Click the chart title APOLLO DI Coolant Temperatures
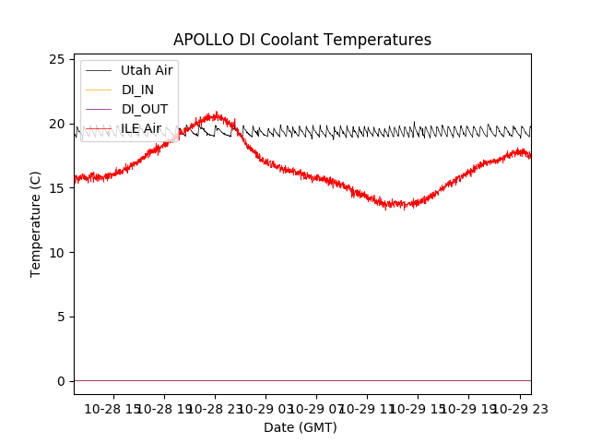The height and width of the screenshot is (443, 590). coord(302,40)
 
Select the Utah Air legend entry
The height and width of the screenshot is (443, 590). coord(147,70)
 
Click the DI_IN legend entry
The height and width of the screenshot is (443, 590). coord(137,90)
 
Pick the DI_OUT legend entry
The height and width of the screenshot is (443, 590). coord(143,109)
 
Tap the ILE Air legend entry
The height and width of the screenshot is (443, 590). coord(141,128)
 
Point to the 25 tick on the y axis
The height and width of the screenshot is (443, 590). coord(56,59)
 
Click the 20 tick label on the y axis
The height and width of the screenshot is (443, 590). coord(56,124)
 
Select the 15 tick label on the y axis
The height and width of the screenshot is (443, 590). coord(56,188)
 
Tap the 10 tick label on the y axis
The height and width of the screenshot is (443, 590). coord(56,253)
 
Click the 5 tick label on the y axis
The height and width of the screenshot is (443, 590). coord(61,317)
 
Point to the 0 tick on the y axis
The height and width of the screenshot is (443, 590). coord(61,381)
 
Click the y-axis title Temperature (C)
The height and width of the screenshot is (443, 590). coord(36,224)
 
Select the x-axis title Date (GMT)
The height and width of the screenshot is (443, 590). coord(301,427)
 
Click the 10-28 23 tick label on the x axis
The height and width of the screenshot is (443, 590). coord(215,408)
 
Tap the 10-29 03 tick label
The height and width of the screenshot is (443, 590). coord(265,408)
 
